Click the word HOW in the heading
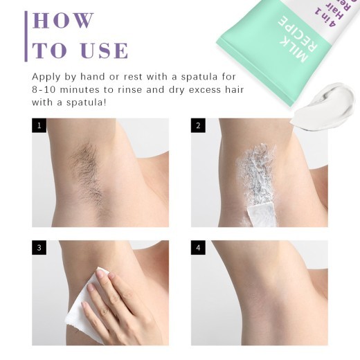[64, 20]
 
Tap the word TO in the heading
[49, 51]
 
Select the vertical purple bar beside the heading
[26, 36]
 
